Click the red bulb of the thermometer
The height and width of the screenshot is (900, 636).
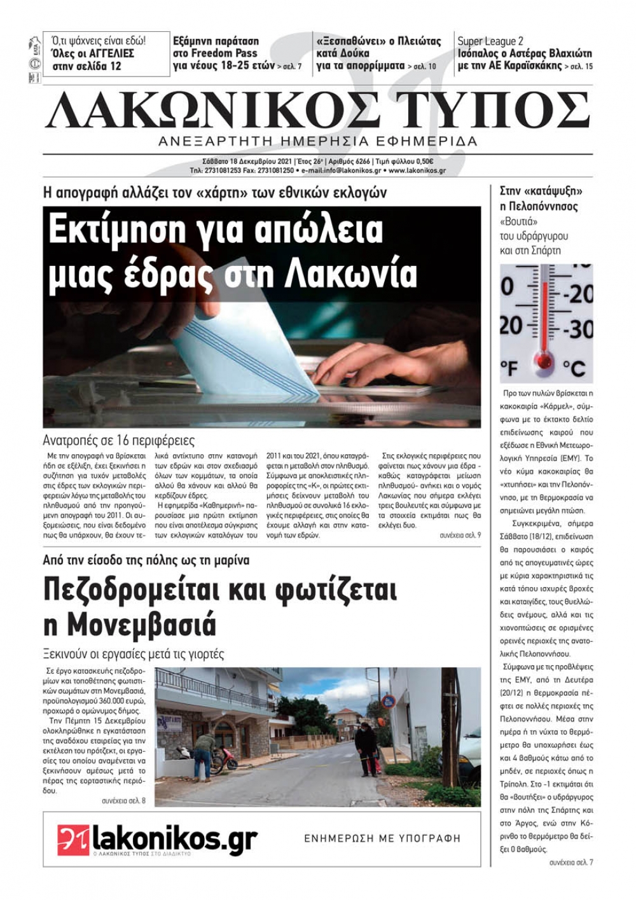[544, 361]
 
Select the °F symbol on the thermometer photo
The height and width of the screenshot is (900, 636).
[509, 368]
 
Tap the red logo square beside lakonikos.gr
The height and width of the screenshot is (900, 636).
[74, 840]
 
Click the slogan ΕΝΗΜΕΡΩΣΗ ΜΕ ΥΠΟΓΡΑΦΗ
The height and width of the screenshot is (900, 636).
[382, 838]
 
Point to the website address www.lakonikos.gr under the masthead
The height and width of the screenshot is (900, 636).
[417, 170]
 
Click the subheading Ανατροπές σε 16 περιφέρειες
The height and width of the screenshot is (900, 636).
[119, 440]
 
